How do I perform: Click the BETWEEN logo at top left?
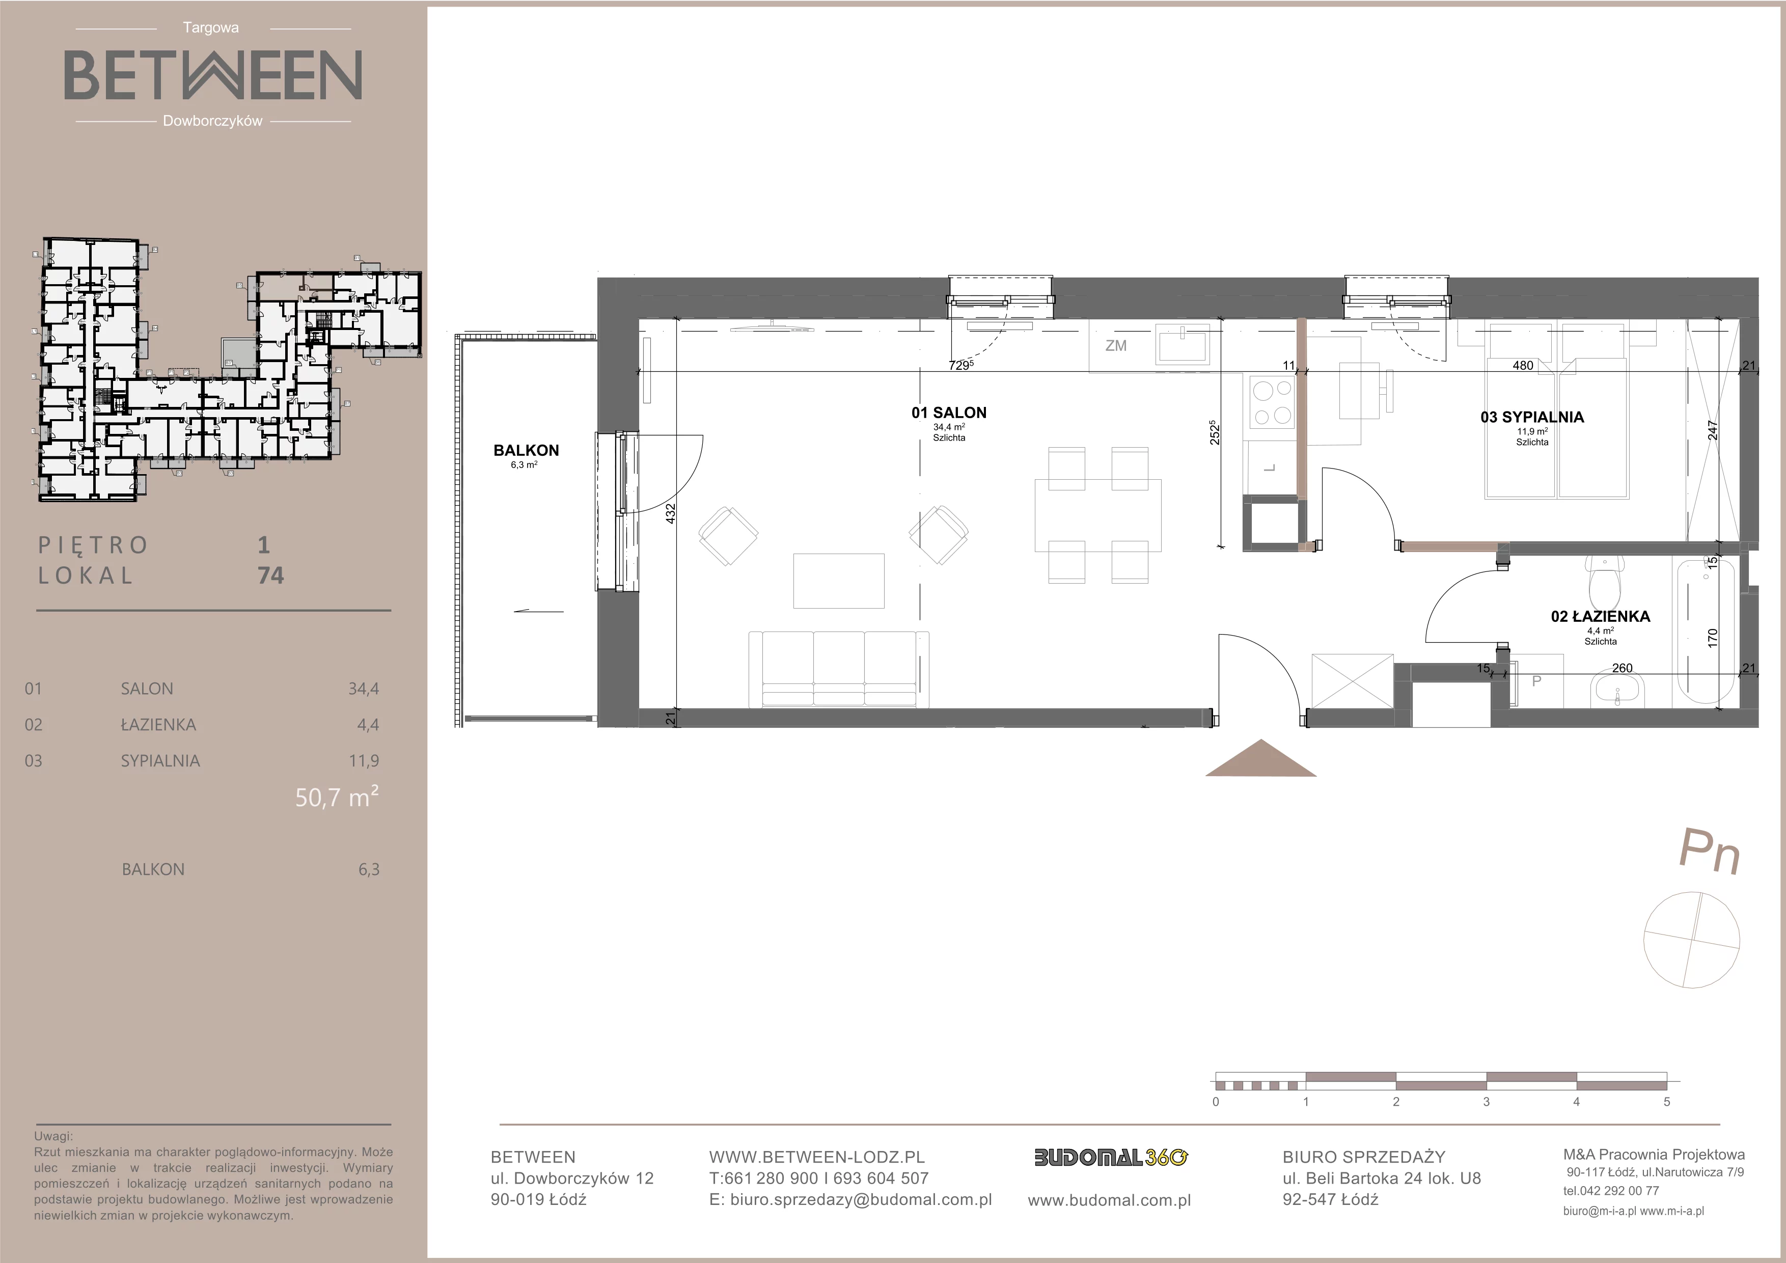(x=212, y=75)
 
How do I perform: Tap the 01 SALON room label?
(x=949, y=413)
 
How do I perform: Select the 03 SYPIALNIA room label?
(x=1532, y=418)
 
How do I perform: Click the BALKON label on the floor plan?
(x=526, y=450)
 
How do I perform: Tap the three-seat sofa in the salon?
(x=839, y=669)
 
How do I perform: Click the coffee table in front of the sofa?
(x=839, y=580)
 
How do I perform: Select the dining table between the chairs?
(x=1097, y=515)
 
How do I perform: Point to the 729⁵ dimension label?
(x=960, y=365)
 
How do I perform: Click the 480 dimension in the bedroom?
(x=1523, y=366)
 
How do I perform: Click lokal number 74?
(x=271, y=575)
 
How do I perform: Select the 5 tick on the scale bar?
(x=1667, y=1101)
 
